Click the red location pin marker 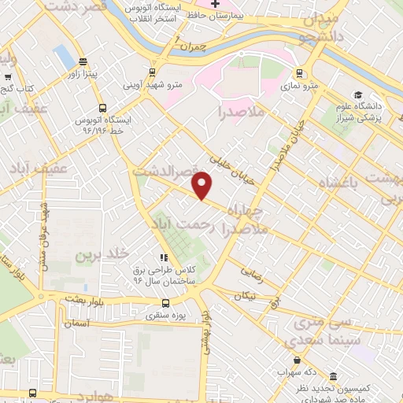point(202,186)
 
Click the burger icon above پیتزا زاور point(83,62)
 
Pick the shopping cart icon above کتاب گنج point(7,77)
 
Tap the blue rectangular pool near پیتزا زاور point(61,56)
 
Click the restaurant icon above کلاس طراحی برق point(164,257)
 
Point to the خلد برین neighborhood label point(101,256)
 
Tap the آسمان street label point(78,324)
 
